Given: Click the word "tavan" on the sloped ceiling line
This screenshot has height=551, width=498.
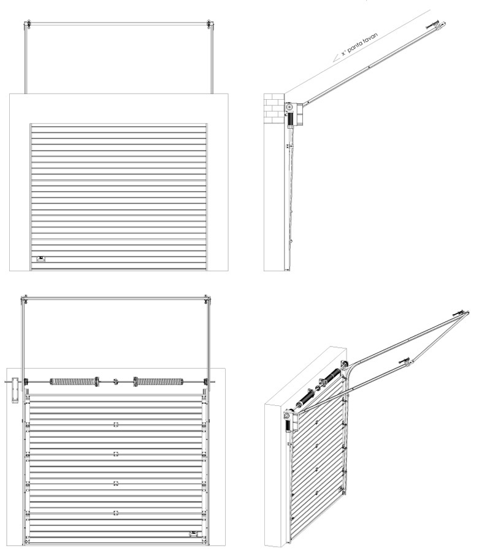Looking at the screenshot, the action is (370, 39).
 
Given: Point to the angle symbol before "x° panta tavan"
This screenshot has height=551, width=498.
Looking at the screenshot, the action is (337, 58).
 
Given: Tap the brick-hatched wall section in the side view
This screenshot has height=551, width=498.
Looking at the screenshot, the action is (274, 108).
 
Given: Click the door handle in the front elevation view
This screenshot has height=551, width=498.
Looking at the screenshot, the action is (42, 259).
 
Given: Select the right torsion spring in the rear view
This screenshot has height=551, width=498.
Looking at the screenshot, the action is (158, 381).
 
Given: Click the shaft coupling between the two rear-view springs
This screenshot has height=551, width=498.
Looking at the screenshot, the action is (115, 381).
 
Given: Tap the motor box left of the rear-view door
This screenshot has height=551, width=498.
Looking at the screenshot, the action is (15, 390).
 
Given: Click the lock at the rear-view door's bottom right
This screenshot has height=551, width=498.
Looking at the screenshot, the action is (194, 534).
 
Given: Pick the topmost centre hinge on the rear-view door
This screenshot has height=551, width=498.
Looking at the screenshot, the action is (115, 425).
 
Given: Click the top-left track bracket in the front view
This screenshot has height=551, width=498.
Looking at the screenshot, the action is (27, 24).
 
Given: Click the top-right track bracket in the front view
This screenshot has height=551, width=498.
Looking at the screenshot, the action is (209, 24).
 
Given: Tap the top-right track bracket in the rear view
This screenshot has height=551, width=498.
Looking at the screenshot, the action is (208, 301).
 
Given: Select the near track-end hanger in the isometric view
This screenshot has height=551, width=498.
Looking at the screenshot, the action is (407, 362).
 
